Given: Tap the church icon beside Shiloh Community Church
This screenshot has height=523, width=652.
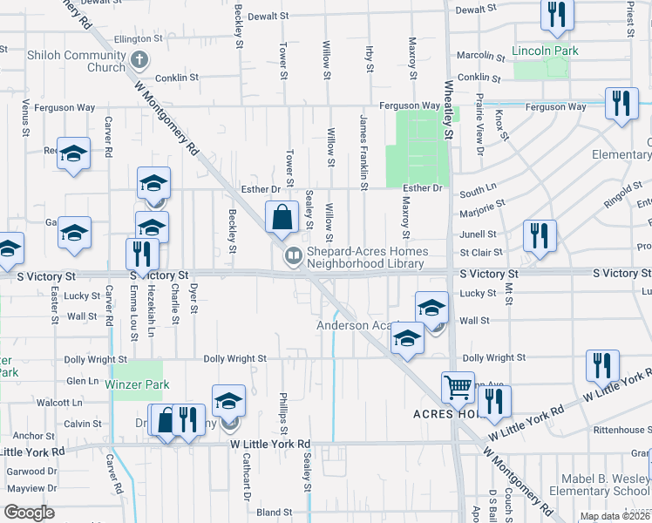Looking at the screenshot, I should pos(139,61).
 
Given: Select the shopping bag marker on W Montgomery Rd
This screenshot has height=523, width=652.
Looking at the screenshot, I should pos(283,218).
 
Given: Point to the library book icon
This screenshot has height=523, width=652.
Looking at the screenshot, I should pos(294,255).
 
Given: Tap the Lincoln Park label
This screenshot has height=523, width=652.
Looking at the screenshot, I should pos(545,51).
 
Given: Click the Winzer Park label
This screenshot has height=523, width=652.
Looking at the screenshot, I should pos(137,384).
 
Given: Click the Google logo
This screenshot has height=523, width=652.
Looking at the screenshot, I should pos(29,513).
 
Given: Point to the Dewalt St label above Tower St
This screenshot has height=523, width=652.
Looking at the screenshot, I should pos(268,16).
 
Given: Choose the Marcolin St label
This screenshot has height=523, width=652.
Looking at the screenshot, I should pos(482,56).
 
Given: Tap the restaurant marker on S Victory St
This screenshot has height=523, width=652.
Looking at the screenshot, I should pos(139,254).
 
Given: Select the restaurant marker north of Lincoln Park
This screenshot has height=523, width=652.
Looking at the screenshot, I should pos(555,15).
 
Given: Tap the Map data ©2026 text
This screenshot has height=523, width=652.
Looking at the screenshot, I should pos(614,516).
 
